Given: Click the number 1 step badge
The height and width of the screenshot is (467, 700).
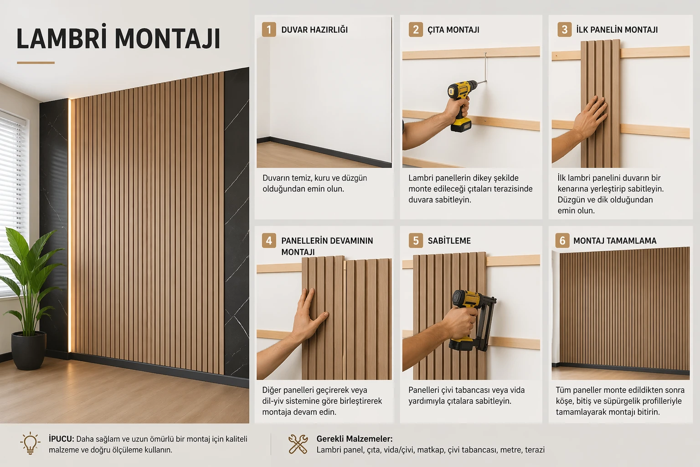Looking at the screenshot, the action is click(x=269, y=30).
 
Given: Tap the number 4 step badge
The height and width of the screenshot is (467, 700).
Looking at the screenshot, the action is click(x=269, y=240).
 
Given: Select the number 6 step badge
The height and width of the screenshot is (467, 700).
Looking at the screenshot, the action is click(x=562, y=240).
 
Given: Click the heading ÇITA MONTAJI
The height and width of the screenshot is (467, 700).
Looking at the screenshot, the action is click(x=453, y=30).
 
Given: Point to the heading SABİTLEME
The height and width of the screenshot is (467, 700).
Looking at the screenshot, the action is click(x=449, y=240).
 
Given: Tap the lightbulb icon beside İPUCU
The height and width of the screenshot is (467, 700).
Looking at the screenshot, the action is click(x=31, y=443).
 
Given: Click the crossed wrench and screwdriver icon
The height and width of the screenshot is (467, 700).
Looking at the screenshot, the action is click(x=298, y=444).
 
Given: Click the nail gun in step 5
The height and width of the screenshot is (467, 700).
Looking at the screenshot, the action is click(x=473, y=320).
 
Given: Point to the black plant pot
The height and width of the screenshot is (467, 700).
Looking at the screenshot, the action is click(x=29, y=350).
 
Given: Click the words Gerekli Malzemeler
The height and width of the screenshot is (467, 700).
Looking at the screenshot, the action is click(x=355, y=439).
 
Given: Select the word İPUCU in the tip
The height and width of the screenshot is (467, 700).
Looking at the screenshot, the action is click(x=61, y=439).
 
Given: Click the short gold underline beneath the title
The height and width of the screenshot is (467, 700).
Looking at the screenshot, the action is click(x=36, y=62).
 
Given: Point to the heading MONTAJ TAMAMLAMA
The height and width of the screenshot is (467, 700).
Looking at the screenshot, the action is click(x=615, y=240).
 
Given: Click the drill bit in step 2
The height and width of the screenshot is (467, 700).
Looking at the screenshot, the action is click(x=482, y=82).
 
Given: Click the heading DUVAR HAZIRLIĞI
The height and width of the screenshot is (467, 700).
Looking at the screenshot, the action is click(x=314, y=30).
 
